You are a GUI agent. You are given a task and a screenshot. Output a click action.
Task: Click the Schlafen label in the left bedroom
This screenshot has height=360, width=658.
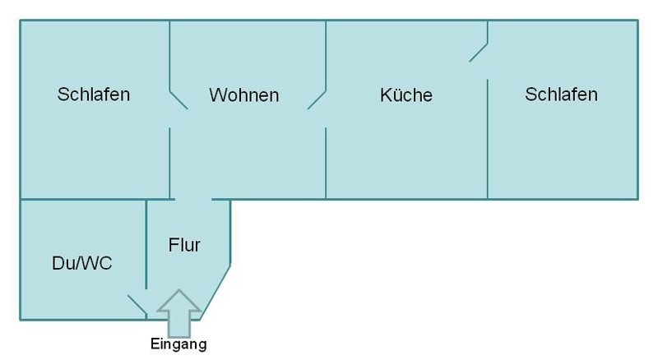94,94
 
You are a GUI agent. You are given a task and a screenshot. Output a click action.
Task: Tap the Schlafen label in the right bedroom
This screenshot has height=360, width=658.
561,94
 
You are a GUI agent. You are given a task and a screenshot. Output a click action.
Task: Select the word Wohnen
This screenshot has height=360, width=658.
243,95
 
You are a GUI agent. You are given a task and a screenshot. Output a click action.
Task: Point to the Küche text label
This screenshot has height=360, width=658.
405,95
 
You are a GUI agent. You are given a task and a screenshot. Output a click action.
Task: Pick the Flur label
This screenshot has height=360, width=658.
184,244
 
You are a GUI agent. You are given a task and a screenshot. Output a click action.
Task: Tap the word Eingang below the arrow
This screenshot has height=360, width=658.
178,344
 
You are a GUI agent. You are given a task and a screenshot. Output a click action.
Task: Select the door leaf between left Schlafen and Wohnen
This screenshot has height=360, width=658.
178,99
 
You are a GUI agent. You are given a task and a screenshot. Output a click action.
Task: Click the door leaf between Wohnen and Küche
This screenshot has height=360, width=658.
317,99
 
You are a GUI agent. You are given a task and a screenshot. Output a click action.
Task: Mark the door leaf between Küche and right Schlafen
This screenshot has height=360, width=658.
479,52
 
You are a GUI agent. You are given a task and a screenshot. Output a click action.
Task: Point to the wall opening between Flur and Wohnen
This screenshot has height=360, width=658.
193,199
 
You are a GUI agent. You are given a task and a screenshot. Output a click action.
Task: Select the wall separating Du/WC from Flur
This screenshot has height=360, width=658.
146,242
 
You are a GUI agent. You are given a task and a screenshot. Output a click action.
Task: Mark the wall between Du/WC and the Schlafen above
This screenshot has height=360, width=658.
82,199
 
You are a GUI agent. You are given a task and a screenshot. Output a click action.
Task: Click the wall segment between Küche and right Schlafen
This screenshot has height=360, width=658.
488,140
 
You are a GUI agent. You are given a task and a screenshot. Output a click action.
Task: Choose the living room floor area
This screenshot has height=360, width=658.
247,148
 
